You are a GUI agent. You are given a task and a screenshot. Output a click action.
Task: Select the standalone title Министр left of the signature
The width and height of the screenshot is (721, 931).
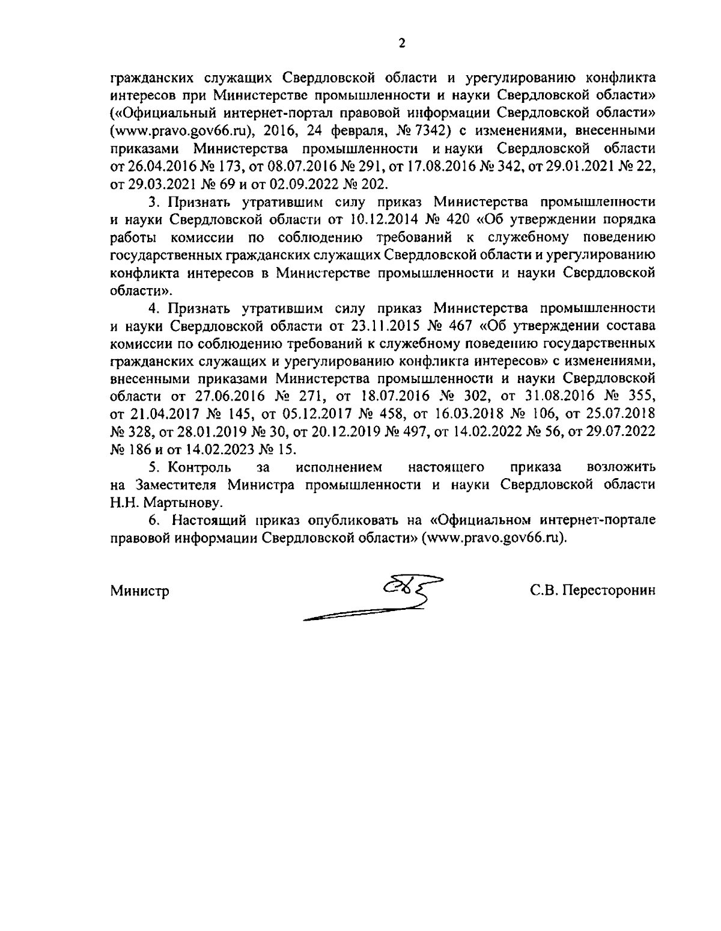(139, 591)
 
